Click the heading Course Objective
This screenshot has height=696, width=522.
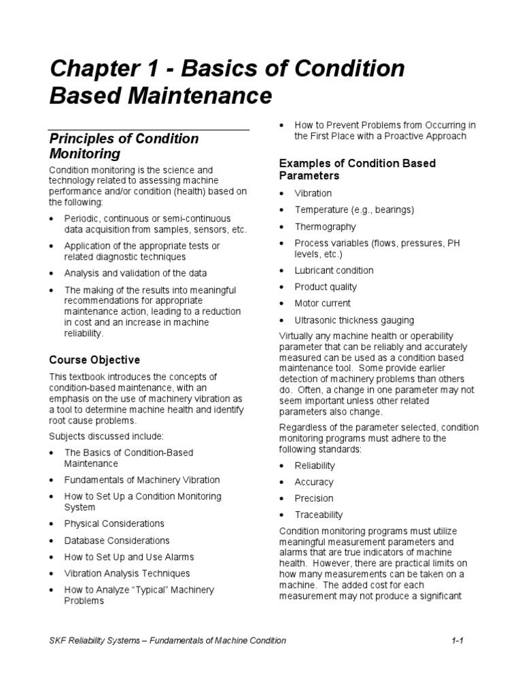[x=94, y=360]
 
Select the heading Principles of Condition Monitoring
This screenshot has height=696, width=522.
[x=124, y=146]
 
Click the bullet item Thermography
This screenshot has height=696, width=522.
[x=325, y=226]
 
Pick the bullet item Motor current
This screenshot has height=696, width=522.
[x=322, y=303]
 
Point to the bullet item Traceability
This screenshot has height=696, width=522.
[x=318, y=515]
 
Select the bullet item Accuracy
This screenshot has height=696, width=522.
[x=313, y=482]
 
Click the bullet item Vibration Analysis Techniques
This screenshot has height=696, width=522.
[x=127, y=573]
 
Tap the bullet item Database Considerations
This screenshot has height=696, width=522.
[x=117, y=540]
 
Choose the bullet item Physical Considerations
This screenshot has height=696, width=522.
[x=114, y=523]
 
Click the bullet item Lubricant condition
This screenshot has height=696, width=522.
[x=334, y=270]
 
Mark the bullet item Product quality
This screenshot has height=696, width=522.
[x=326, y=287]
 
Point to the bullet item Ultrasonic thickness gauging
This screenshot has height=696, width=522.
[x=354, y=319]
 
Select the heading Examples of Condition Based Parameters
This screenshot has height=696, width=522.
[x=357, y=169]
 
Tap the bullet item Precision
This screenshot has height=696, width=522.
[x=313, y=498]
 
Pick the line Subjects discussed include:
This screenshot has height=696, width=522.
[x=106, y=436]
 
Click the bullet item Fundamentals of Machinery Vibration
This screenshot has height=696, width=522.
[x=142, y=480]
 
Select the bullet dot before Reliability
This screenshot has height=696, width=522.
[x=283, y=466]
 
